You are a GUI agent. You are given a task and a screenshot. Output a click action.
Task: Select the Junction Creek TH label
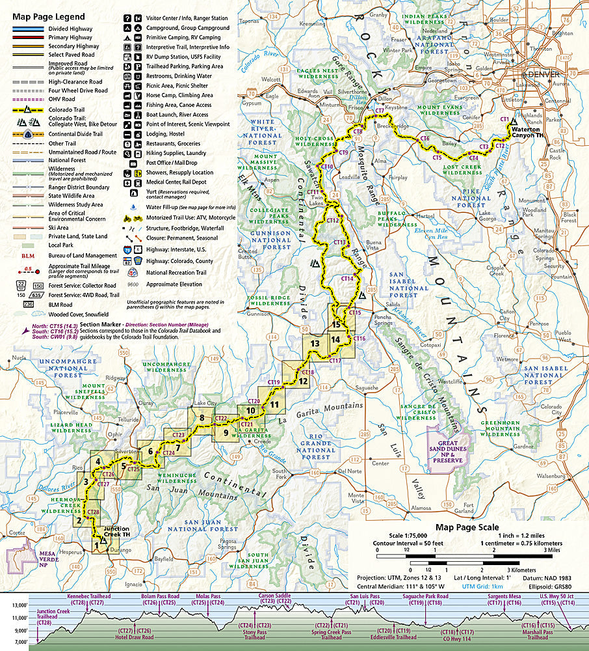click(116, 532)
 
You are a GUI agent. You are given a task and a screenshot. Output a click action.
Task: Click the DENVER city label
click(545, 75)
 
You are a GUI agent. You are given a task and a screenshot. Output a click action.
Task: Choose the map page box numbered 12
click(302, 381)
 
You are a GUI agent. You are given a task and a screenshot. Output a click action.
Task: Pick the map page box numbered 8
click(203, 418)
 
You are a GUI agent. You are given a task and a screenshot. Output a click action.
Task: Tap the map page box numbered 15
click(336, 324)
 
